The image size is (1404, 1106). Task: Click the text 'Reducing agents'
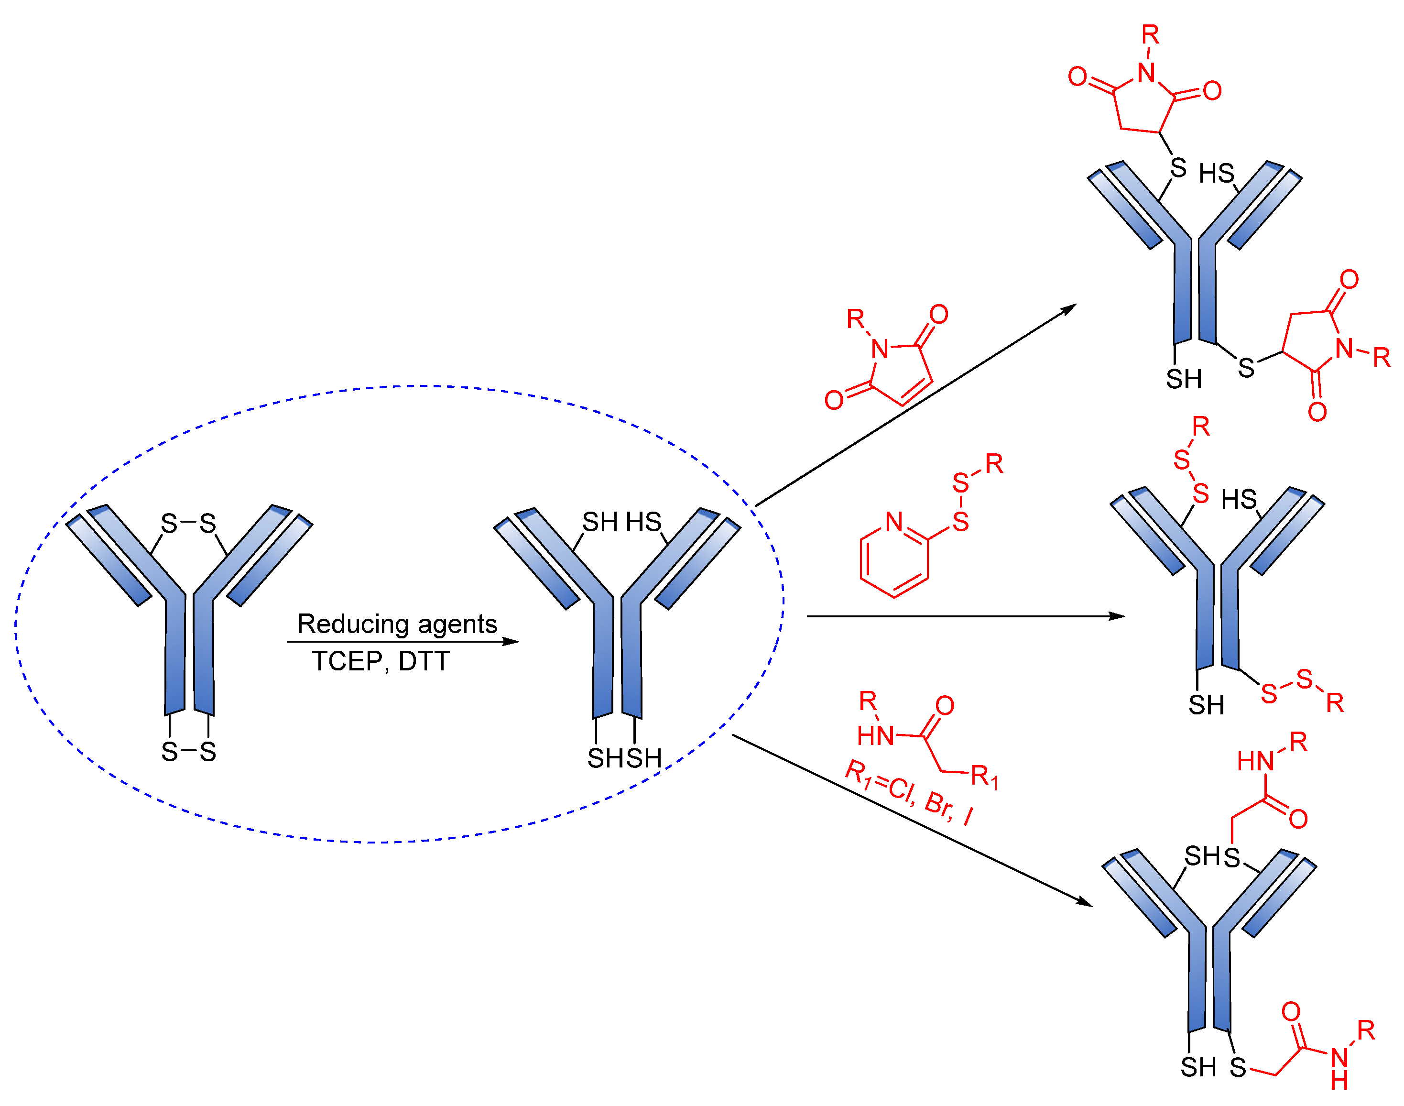click(x=397, y=624)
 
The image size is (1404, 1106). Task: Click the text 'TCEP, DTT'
click(x=381, y=661)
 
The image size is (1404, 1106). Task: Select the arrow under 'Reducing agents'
click(x=402, y=642)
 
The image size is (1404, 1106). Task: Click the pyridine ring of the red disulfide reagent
click(x=894, y=558)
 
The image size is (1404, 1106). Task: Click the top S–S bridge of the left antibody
click(x=188, y=523)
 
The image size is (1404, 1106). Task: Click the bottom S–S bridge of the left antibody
click(x=188, y=752)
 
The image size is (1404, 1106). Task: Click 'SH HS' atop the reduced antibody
click(x=621, y=522)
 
